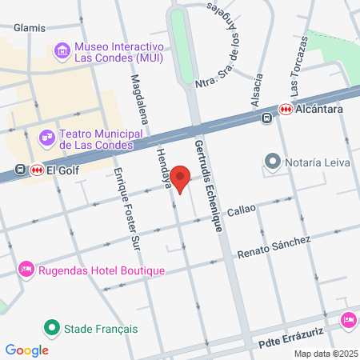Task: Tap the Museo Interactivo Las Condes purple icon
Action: point(62,52)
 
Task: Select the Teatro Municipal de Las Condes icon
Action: point(49,138)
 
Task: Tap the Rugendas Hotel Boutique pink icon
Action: point(26,270)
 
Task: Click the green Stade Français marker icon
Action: point(53,328)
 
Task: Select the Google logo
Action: point(26,350)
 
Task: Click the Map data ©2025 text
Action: point(325,354)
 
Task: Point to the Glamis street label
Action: point(29,26)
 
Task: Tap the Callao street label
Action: point(241,210)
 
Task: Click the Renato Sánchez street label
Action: point(274,248)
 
